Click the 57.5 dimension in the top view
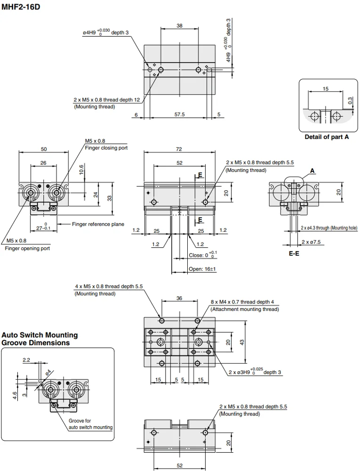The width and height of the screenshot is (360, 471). click(179, 114)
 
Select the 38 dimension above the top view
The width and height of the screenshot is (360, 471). click(179, 26)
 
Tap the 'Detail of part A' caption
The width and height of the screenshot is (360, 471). click(327, 137)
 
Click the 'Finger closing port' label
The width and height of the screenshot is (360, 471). click(106, 147)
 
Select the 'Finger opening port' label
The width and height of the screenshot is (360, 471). click(27, 248)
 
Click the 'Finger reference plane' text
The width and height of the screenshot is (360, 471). click(98, 224)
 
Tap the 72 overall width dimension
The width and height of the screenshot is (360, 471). click(179, 149)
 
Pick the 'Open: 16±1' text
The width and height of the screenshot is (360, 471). click(202, 269)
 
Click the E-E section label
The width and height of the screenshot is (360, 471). click(294, 253)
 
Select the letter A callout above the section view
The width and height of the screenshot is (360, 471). click(312, 170)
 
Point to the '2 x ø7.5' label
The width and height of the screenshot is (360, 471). click(311, 242)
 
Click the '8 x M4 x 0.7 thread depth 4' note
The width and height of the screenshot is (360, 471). click(242, 302)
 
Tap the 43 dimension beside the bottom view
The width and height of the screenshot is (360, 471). click(242, 342)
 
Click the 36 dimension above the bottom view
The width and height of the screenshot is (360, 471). click(179, 298)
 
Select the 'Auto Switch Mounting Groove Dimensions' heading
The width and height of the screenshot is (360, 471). click(40, 339)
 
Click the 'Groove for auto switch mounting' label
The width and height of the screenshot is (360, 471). click(90, 424)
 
